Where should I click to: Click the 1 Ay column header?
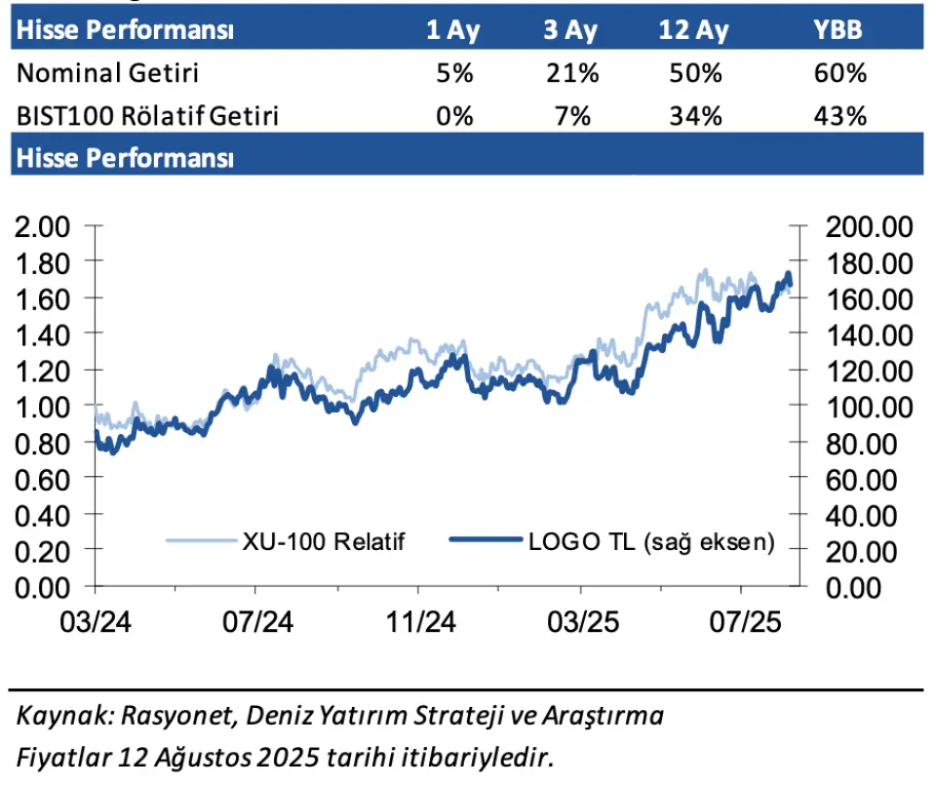click(453, 30)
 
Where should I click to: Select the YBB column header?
click(838, 30)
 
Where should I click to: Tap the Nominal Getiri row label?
click(107, 73)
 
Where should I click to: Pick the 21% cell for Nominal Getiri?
click(572, 73)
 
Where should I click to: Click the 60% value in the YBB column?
click(839, 73)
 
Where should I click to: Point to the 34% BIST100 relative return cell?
click(695, 116)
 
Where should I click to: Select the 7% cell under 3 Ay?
click(572, 116)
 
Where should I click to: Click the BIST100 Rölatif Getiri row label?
click(147, 116)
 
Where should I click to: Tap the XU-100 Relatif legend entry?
click(286, 541)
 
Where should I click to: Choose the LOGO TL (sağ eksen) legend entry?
click(612, 541)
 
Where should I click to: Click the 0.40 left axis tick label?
click(42, 516)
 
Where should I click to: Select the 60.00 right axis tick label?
click(861, 480)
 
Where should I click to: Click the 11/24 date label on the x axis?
click(421, 622)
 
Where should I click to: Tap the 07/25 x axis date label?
click(745, 622)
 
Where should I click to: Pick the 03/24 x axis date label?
click(96, 622)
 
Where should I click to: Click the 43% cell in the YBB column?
click(839, 116)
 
